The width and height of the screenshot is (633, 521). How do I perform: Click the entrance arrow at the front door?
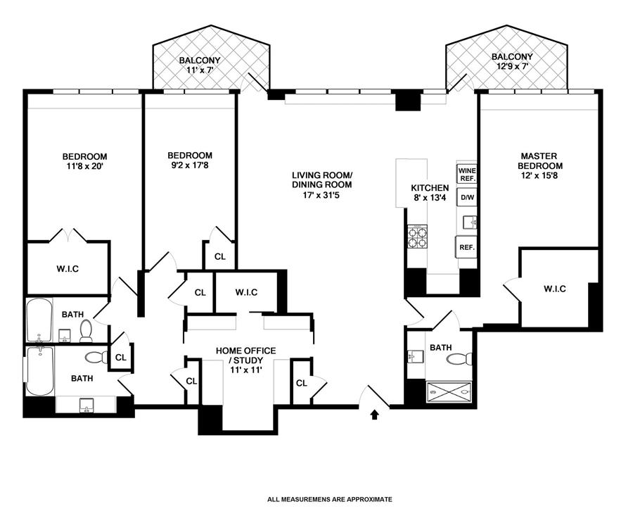(374, 415)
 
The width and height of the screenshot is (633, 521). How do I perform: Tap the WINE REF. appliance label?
(467, 174)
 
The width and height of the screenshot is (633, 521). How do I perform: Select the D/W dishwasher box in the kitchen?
(467, 198)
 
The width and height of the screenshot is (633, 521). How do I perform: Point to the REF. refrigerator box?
(466, 247)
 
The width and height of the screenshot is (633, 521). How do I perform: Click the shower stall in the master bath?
(449, 391)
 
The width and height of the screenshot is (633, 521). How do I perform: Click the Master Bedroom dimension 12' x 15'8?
(539, 176)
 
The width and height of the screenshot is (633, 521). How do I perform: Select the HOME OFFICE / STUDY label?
(246, 356)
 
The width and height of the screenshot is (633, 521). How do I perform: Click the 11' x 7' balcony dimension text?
(200, 70)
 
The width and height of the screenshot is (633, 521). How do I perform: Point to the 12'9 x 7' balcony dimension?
(512, 66)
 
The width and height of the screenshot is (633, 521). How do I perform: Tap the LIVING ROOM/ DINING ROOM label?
(322, 180)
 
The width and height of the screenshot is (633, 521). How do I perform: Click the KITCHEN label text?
(430, 188)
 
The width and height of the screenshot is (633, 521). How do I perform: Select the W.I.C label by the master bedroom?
(555, 289)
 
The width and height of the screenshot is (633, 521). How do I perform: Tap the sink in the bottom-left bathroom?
(86, 406)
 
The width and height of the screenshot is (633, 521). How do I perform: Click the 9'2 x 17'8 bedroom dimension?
(190, 165)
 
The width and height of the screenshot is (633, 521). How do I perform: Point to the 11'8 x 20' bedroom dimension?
(85, 166)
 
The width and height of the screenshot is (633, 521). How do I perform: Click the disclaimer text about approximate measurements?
(329, 499)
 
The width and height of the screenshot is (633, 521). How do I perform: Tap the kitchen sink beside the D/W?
(470, 222)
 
